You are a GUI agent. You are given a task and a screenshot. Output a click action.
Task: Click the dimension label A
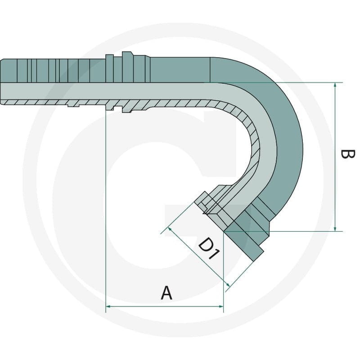(166, 293)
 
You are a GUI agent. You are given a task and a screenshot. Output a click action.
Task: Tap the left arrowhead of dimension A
(108, 306)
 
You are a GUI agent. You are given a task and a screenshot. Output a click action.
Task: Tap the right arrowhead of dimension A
(220, 306)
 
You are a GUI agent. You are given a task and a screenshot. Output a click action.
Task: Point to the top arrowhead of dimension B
(335, 85)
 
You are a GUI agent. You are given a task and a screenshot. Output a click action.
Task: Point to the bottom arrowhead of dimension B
(335, 229)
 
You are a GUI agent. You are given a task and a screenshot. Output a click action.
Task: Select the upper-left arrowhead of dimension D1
(170, 229)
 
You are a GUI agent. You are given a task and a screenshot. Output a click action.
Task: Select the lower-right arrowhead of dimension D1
(228, 285)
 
